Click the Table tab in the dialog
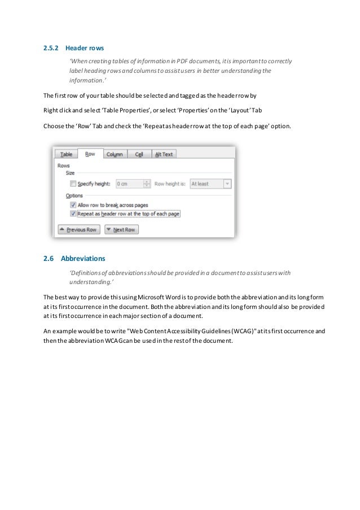[x=66, y=154]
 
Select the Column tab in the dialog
[x=114, y=154]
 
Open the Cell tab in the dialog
[x=138, y=154]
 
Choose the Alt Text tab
[x=164, y=154]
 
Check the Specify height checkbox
[x=72, y=184]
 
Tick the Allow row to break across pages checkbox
[x=72, y=204]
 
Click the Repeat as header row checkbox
[x=72, y=213]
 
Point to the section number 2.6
[x=48, y=259]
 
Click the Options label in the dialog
[x=74, y=195]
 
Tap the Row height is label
[x=170, y=184]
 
